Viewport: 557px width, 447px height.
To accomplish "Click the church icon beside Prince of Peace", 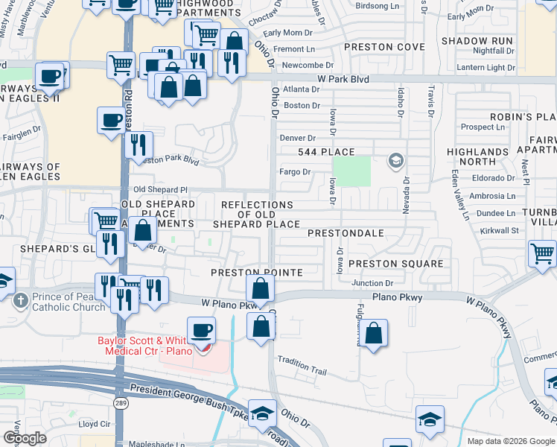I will [x=20, y=301].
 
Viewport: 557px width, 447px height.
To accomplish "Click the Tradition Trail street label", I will [x=302, y=365].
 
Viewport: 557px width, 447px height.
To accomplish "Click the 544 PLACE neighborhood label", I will [x=326, y=152].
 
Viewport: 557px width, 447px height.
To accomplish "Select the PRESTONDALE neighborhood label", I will [x=346, y=233].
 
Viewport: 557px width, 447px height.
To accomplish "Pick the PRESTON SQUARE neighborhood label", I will [x=395, y=264].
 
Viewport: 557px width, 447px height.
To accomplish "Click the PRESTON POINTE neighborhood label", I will [x=256, y=273].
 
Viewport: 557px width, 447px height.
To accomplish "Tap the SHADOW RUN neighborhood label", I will [x=477, y=40].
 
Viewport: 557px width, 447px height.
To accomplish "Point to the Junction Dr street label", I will [x=372, y=283].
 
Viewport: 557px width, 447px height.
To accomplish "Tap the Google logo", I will [x=25, y=438].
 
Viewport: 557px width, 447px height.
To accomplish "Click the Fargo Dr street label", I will [x=294, y=172].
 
